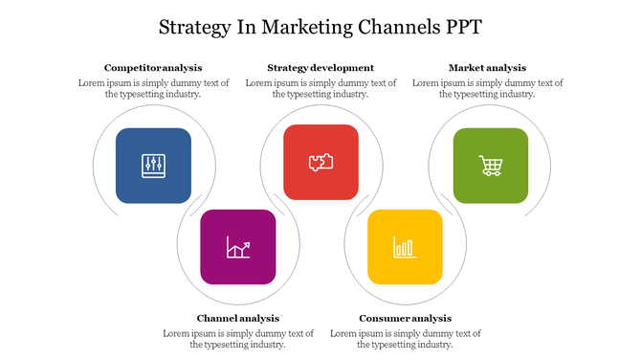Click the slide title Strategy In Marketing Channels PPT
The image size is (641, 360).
pyautogui.click(x=320, y=26)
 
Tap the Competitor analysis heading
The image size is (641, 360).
pyautogui.click(x=153, y=68)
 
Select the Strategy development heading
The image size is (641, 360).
pyautogui.click(x=320, y=68)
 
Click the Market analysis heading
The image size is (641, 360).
pyautogui.click(x=487, y=68)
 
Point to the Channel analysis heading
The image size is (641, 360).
pyautogui.click(x=238, y=318)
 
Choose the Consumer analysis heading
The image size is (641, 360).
pyautogui.click(x=405, y=318)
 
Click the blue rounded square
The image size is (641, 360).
pyautogui.click(x=153, y=166)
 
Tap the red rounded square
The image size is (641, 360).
pyautogui.click(x=320, y=161)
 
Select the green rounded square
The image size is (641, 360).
pyautogui.click(x=491, y=166)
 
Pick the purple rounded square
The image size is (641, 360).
pyautogui.click(x=238, y=247)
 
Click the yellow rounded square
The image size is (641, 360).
pyautogui.click(x=405, y=247)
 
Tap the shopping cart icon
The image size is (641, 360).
pyautogui.click(x=491, y=166)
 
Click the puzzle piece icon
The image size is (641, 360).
pyautogui.click(x=320, y=162)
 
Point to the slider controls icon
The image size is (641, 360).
pyautogui.click(x=153, y=165)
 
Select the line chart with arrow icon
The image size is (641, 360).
pyautogui.click(x=238, y=248)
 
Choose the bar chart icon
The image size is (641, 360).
pyautogui.click(x=405, y=248)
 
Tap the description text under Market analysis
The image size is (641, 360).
pyautogui.click(x=487, y=88)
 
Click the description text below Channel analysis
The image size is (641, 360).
pyautogui.click(x=238, y=338)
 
